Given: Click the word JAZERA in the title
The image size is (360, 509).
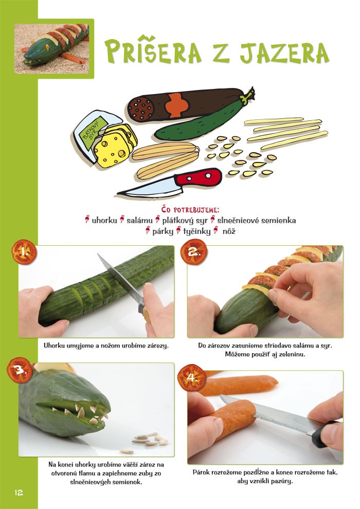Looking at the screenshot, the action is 284,52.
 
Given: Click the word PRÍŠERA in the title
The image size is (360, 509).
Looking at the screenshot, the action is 154,51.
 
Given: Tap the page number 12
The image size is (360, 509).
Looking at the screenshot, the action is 19,493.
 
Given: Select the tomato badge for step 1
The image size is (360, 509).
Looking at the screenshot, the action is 24,251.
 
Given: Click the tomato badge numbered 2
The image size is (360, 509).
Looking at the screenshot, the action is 193,251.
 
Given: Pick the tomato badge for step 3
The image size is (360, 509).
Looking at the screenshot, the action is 19,370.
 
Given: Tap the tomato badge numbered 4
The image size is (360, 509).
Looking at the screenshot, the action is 191,377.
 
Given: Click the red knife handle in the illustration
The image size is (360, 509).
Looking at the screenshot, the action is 198,177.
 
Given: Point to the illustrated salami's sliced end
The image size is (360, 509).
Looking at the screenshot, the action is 141,108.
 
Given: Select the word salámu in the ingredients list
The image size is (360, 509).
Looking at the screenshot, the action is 139,221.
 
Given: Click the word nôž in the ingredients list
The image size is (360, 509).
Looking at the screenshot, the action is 229,231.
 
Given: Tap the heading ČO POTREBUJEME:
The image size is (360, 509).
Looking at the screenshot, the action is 190,210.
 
